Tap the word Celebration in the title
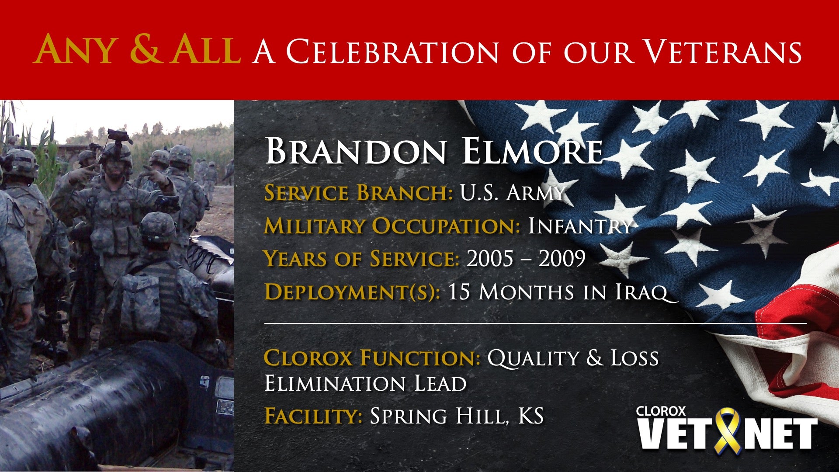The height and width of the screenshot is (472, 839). [392, 52]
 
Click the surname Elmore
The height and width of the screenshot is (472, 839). [532, 151]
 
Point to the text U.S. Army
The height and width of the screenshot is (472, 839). [512, 193]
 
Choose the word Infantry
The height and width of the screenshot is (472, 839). [580, 226]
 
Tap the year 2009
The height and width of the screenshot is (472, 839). [562, 258]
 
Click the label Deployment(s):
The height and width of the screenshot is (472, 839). [352, 292]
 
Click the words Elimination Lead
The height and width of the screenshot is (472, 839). [365, 384]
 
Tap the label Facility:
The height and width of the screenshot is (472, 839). [313, 416]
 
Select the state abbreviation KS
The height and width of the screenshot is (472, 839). [530, 416]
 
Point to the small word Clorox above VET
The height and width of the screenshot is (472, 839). [661, 411]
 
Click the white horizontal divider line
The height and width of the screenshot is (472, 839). [535, 323]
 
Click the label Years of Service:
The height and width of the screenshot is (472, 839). [361, 258]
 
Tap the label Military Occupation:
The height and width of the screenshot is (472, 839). [392, 226]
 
